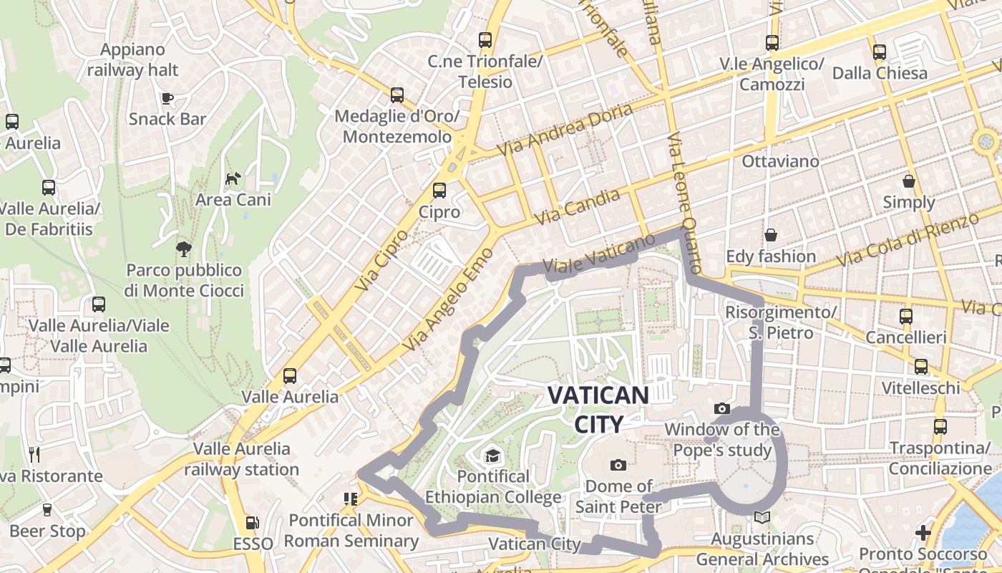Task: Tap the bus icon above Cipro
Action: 439,191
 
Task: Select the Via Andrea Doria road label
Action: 565,130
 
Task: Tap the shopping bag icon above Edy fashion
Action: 771,235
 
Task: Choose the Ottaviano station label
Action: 780,161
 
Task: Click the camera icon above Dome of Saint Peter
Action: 618,465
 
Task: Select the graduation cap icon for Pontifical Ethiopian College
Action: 492,456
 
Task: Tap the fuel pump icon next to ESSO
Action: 252,524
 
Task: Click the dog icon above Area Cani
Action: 233,178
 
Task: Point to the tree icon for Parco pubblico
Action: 184,249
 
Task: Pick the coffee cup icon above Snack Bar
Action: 167,98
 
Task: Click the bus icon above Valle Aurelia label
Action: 290,375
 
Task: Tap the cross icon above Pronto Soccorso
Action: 923,533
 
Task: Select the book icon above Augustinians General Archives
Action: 762,517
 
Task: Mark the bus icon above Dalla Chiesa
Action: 880,52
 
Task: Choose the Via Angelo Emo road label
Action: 449,300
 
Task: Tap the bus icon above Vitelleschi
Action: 921,367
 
